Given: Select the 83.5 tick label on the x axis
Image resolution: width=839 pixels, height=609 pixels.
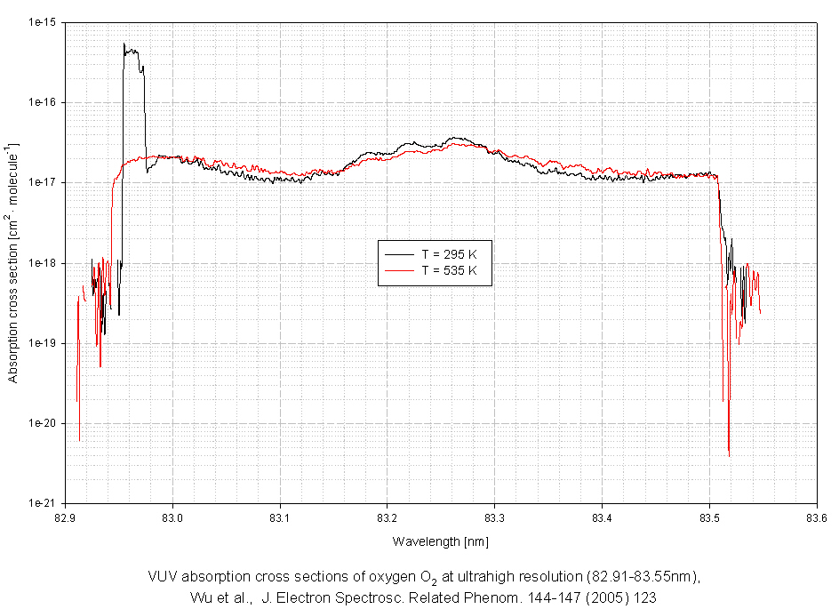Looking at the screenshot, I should click(709, 517).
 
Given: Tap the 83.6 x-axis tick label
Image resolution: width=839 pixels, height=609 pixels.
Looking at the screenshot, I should click(816, 517).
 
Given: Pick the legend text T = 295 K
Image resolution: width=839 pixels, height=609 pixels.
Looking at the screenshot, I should click(455, 253).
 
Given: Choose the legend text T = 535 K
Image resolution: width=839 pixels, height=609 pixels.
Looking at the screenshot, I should click(455, 269).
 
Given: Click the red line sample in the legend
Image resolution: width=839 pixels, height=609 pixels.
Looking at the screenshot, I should click(397, 269).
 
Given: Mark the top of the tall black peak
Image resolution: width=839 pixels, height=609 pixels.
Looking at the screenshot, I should click(124, 44).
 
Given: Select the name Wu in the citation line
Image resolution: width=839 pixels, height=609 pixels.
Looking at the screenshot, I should click(201, 597).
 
